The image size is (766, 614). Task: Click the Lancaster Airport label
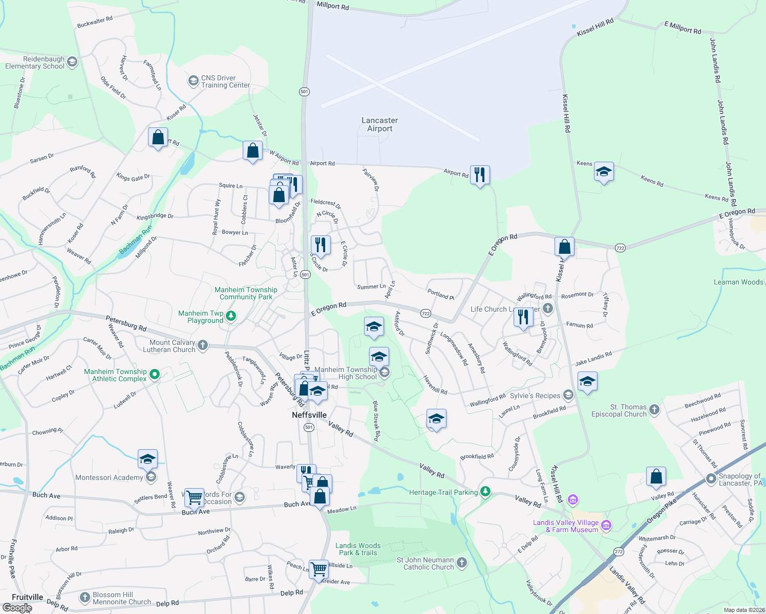tap(379, 124)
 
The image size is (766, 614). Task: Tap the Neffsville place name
tap(309, 415)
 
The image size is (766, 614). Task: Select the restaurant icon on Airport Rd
tap(480, 175)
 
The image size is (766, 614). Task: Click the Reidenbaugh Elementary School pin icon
tap(72, 62)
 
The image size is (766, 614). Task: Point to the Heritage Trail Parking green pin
tap(485, 492)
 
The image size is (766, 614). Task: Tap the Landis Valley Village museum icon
tap(606, 525)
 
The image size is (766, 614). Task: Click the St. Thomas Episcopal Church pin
tap(654, 409)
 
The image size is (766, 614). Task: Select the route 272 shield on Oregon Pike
tap(619, 552)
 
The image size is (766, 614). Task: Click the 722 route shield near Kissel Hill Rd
tap(620, 248)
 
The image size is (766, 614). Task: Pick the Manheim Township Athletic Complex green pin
tap(155, 375)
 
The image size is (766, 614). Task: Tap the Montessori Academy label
tap(109, 477)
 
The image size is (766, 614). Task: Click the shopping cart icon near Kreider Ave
tap(318, 568)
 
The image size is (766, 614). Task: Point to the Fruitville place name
tap(28, 597)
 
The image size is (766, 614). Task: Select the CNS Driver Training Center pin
tap(193, 81)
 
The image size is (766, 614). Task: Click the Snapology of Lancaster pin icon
tap(711, 479)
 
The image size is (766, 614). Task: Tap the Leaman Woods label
tap(738, 282)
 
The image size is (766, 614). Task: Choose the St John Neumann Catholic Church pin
tap(461, 563)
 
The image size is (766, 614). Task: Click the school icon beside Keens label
tap(604, 172)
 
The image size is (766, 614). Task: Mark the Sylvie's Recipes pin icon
tap(568, 395)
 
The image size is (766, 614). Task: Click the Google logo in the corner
tap(17, 608)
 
